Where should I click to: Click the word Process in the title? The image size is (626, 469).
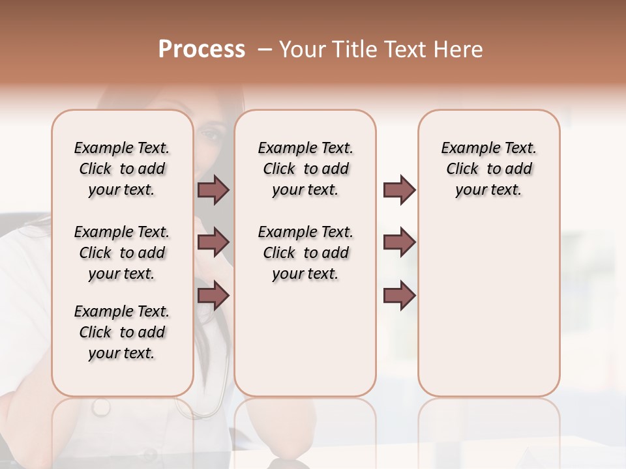point(201,50)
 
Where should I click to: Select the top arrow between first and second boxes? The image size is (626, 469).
point(213,190)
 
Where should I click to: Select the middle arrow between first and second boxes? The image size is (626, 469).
point(213,242)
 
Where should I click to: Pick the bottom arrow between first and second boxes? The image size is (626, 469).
point(213,295)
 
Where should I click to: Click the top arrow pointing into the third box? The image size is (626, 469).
point(399,190)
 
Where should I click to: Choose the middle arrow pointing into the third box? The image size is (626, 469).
point(399,242)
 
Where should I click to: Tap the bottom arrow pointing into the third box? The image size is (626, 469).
point(399,295)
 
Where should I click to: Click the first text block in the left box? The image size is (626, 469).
point(122,169)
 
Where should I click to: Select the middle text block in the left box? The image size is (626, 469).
point(122,253)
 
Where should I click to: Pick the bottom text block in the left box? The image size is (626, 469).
point(122,332)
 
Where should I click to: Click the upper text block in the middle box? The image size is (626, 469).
point(305,169)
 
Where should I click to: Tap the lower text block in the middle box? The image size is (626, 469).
point(305,253)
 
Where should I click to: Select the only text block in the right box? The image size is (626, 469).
point(488,169)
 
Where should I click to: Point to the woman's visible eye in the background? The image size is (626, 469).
point(211,135)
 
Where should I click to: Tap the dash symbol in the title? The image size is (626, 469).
point(265,50)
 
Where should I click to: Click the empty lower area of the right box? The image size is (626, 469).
point(488,313)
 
